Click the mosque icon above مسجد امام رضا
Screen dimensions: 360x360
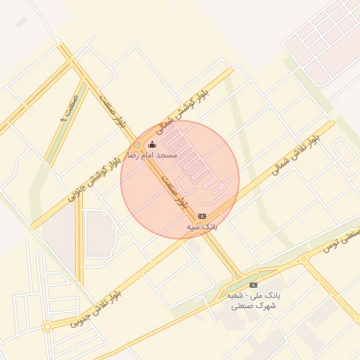(x=152, y=145)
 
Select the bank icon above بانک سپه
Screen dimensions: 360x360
(x=202, y=216)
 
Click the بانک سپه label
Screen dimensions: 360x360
(x=202, y=227)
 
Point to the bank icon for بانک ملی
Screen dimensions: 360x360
(x=253, y=285)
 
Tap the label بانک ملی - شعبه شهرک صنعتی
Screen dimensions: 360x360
(x=254, y=301)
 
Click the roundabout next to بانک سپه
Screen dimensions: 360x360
(x=200, y=226)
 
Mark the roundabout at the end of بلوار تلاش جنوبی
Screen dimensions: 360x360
(x=47, y=326)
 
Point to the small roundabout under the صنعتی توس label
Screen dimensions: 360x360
(x=304, y=259)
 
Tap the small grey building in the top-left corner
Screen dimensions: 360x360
(x=21, y=22)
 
